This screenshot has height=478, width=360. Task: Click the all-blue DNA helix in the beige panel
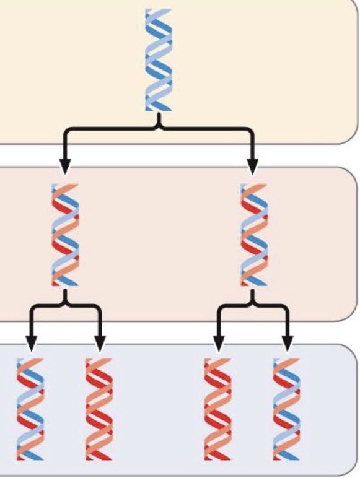[157, 60]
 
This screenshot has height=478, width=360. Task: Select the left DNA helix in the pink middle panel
[65, 235]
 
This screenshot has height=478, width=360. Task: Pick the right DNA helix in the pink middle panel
[253, 235]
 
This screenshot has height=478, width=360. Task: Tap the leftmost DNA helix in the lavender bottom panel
[31, 409]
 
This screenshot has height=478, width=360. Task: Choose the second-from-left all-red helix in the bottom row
[99, 409]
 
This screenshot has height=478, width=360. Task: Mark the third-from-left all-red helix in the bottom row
[217, 409]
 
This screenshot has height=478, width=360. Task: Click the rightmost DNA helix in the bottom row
[287, 409]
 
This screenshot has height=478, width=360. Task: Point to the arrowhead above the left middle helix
[65, 166]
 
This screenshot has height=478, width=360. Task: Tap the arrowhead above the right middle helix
[253, 166]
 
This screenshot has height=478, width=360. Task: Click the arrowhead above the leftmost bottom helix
[31, 342]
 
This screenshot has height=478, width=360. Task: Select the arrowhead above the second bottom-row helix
[100, 342]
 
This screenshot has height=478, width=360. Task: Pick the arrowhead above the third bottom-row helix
[218, 342]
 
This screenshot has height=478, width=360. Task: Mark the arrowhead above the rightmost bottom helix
[287, 342]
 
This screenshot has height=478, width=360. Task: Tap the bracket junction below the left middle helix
[66, 303]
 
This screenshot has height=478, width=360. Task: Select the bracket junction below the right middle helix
[253, 303]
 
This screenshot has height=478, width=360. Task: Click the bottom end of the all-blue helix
[158, 110]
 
